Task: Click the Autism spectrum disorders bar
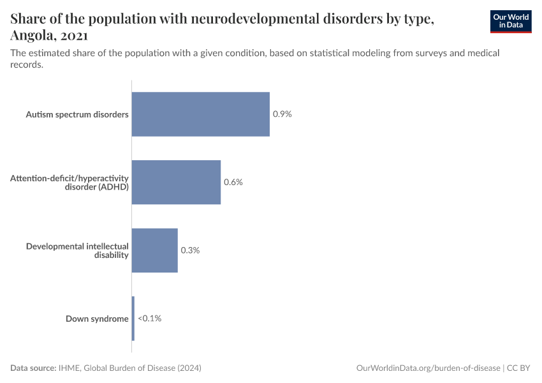[x=200, y=114]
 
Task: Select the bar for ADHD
[x=176, y=182]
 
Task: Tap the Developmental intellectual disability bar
[x=154, y=250]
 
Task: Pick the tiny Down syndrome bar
[x=133, y=319]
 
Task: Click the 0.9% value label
[x=282, y=114]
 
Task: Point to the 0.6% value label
[x=233, y=182]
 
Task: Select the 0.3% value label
[x=190, y=250]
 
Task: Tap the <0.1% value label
[x=149, y=319]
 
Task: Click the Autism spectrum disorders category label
[x=77, y=114]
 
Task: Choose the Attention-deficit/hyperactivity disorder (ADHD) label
[x=70, y=182]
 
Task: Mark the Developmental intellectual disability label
[x=77, y=250]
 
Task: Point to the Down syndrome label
[x=97, y=319]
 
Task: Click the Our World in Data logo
[x=510, y=21]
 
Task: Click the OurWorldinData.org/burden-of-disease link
[x=428, y=368]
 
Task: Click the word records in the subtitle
[x=27, y=64]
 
